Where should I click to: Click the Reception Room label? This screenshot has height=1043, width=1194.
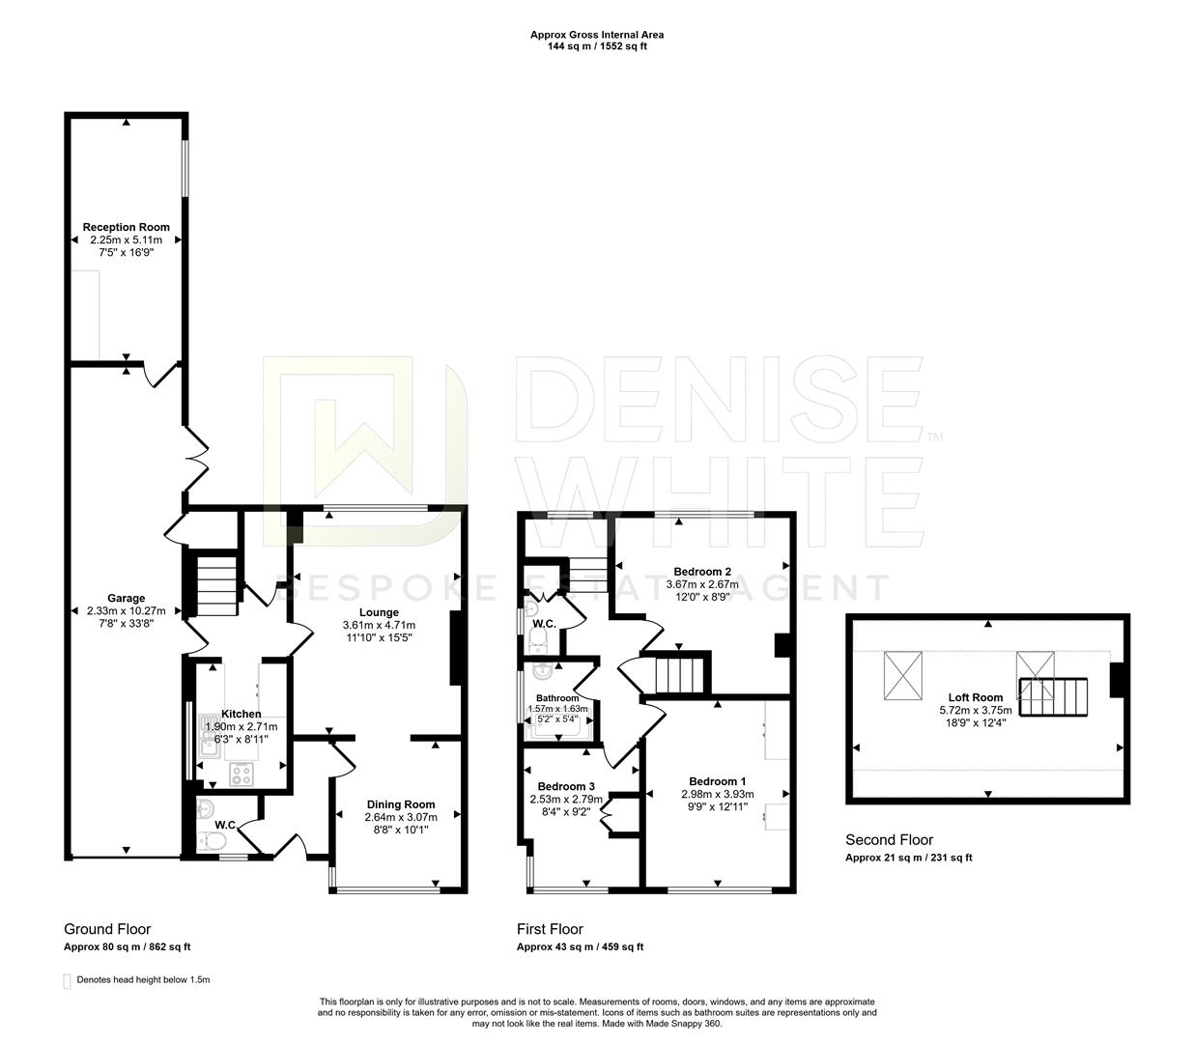click(x=126, y=227)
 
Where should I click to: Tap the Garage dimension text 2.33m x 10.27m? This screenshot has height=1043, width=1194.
click(x=126, y=610)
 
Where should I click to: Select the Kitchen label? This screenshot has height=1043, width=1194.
click(x=242, y=714)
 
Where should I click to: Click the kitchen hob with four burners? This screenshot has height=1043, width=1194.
click(x=242, y=775)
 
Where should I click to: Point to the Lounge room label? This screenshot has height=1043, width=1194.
click(x=379, y=612)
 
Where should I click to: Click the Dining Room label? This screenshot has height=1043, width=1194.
click(x=401, y=804)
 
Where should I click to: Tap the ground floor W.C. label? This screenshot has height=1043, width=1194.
click(x=226, y=825)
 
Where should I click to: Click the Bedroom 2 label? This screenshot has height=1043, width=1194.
click(x=702, y=572)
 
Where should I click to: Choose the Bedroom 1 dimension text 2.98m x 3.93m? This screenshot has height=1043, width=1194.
click(x=717, y=794)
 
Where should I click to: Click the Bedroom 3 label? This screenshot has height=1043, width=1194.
click(x=566, y=786)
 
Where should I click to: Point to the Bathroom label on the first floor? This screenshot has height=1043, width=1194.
click(x=557, y=698)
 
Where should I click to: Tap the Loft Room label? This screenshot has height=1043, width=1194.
click(x=975, y=697)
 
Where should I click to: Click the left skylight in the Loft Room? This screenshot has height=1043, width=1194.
click(x=903, y=675)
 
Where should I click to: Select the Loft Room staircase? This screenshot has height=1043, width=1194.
click(x=1053, y=697)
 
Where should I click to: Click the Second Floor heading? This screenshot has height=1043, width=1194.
click(x=890, y=840)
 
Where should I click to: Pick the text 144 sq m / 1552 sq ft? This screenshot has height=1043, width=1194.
click(x=596, y=46)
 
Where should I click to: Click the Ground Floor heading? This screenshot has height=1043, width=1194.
click(x=107, y=929)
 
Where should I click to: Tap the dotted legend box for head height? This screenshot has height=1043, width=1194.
click(x=67, y=980)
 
